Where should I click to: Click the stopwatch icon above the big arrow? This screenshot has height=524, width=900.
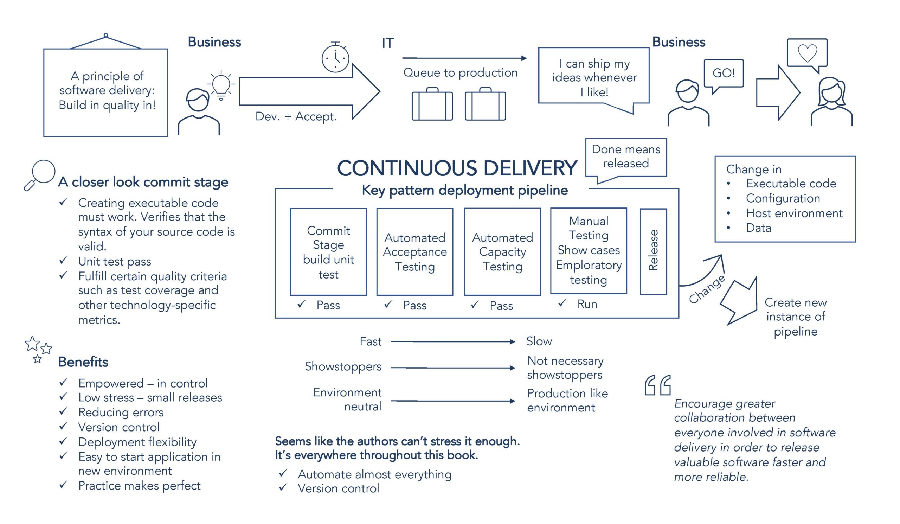335,58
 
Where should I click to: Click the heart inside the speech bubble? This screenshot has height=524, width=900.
807,53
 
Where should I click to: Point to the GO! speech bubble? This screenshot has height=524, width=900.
724,73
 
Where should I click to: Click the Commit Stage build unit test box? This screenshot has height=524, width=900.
328,252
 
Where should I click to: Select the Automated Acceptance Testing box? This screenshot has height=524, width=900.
414,252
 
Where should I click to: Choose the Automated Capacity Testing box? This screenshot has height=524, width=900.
502,252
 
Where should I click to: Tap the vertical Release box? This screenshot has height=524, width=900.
653,251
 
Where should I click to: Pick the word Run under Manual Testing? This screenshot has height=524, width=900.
587,304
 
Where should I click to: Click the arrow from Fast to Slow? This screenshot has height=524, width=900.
452,342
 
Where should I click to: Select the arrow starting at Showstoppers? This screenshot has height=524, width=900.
452,368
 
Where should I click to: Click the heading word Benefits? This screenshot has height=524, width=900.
83,362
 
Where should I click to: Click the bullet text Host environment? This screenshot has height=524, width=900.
794,213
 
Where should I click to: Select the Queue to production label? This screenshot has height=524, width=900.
460,72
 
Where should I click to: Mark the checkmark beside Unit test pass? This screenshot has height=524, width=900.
63,260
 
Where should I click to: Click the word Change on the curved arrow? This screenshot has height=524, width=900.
707,289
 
